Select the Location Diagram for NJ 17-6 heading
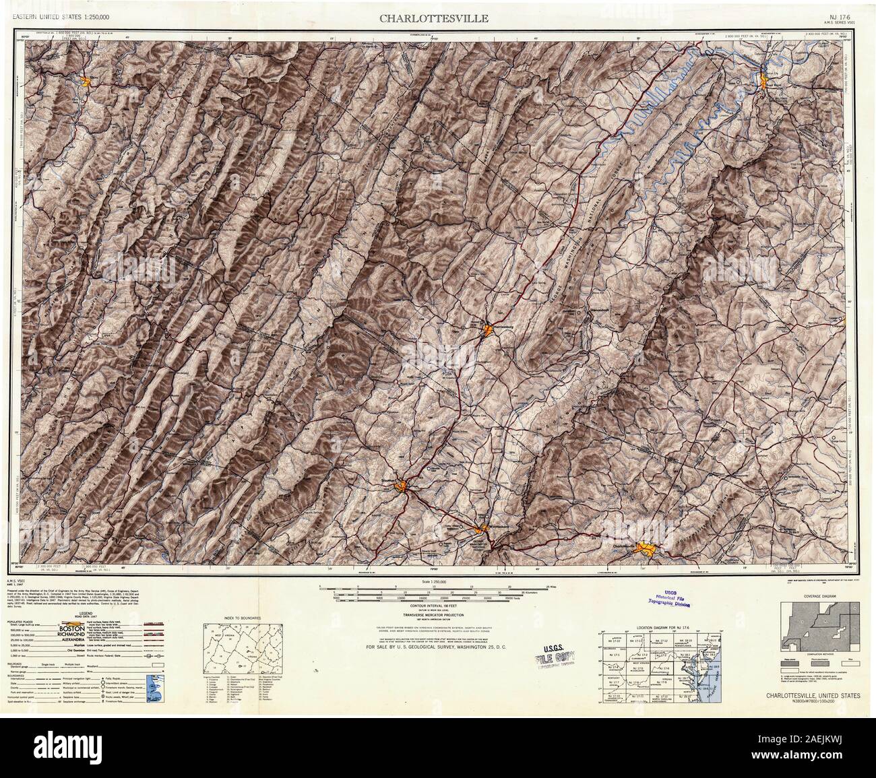[x=659, y=626]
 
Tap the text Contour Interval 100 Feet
[x=437, y=606]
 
